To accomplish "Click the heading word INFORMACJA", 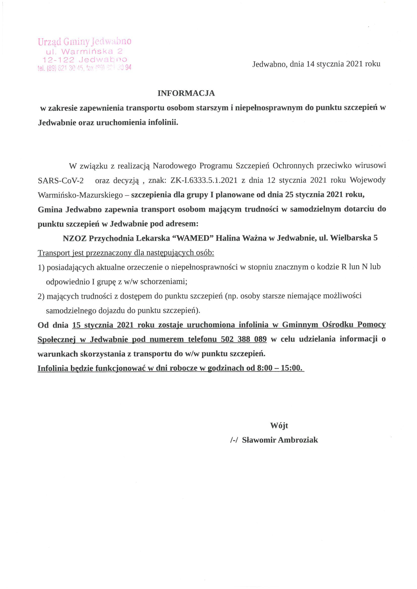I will [x=186, y=93].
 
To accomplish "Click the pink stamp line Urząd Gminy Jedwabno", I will [x=85, y=42].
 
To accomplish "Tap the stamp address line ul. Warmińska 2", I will [x=84, y=51].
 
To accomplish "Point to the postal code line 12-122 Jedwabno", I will [x=85, y=60].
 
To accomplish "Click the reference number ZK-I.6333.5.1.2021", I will [x=204, y=180].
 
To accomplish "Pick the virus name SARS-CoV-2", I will [x=61, y=181].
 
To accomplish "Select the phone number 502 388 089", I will [x=243, y=339].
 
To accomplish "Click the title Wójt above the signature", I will [x=279, y=426].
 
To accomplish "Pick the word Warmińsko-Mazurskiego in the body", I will [x=80, y=195].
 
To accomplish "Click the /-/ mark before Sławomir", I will [x=234, y=440].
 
